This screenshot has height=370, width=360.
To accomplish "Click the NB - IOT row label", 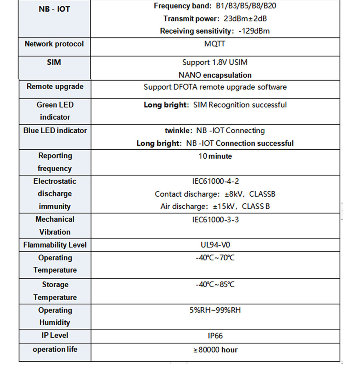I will click(x=54, y=8).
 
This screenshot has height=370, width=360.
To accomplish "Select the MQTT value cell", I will click(x=215, y=44).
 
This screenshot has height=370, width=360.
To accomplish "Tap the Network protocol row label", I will click(x=54, y=44).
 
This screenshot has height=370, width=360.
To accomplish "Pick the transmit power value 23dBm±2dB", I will click(x=246, y=18).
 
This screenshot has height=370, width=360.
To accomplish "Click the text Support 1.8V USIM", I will click(x=215, y=62).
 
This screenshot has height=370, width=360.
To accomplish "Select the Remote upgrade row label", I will click(x=55, y=87).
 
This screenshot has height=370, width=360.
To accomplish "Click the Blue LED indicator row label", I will click(x=55, y=130).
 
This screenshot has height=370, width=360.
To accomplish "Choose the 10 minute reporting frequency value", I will click(x=215, y=156).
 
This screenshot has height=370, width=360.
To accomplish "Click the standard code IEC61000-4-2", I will click(x=215, y=181).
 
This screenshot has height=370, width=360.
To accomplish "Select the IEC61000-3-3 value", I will click(x=215, y=220).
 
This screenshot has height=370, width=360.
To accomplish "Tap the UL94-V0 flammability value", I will click(x=215, y=245).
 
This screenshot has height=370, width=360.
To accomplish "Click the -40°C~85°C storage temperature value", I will click(x=215, y=285).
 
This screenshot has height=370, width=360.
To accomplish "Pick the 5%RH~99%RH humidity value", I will click(x=215, y=310).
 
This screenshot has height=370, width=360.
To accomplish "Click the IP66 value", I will click(x=215, y=336).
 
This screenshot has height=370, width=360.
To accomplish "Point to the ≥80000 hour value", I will click(x=215, y=350).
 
